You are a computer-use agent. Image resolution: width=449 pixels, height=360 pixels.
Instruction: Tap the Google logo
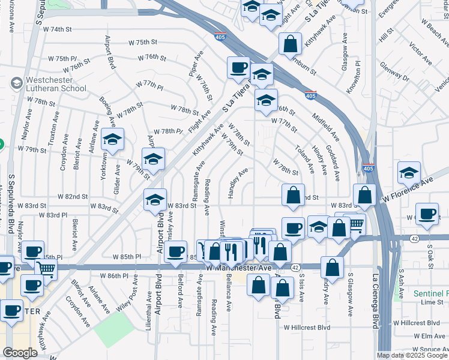point(20,353)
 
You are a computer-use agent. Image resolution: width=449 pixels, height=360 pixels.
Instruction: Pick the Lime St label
point(432,302)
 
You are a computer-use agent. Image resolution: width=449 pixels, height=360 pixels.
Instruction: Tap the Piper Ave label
point(193,67)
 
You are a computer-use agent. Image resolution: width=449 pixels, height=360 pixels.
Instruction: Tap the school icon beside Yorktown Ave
point(112,140)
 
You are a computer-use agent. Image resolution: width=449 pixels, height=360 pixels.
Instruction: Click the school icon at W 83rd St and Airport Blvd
point(155,200)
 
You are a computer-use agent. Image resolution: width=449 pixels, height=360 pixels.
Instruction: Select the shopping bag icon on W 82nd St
point(292,195)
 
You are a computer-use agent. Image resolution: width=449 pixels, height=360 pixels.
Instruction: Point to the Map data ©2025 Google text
point(412,355)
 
